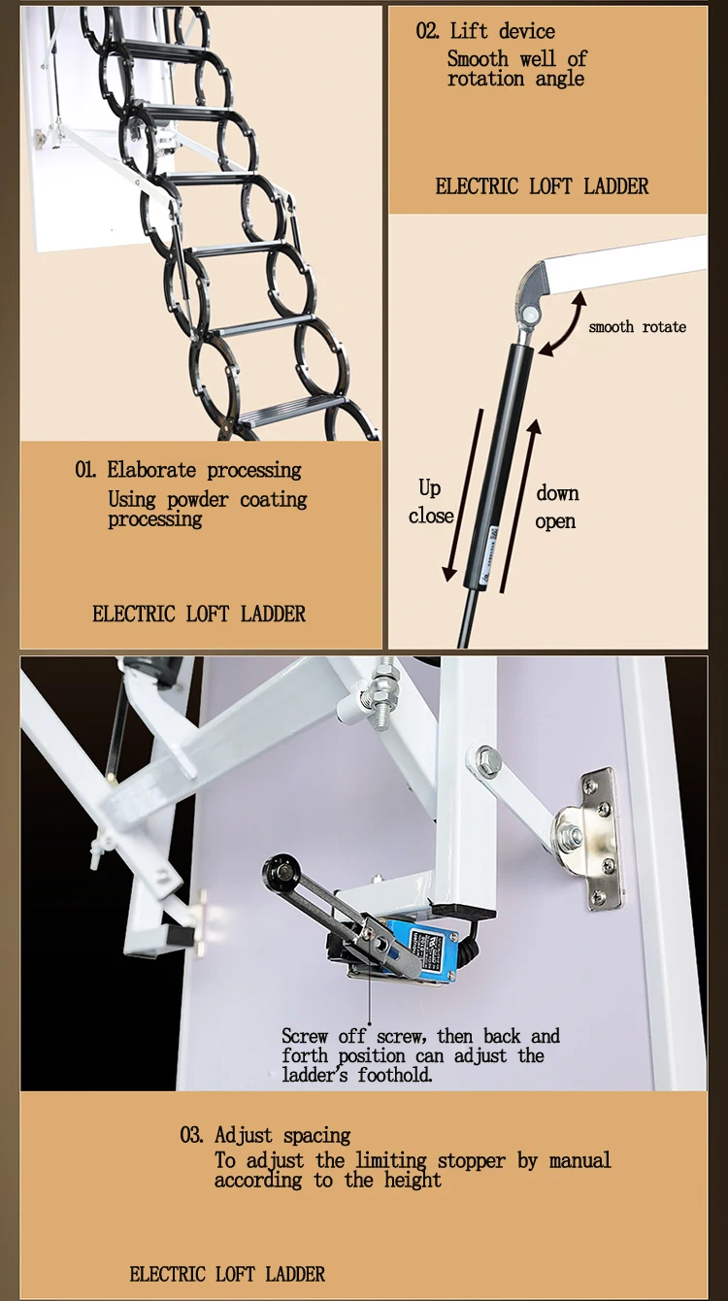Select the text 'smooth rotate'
[x=637, y=327]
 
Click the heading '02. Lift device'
[x=485, y=31]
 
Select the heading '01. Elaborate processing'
[x=188, y=471]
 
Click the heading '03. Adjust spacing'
[x=265, y=1135]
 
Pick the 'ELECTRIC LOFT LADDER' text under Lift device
[x=542, y=186]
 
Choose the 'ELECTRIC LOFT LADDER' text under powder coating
[x=199, y=614]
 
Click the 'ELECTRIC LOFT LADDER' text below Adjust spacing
[x=227, y=1274]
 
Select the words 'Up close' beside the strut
[x=430, y=502]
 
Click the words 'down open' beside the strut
[x=557, y=507]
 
